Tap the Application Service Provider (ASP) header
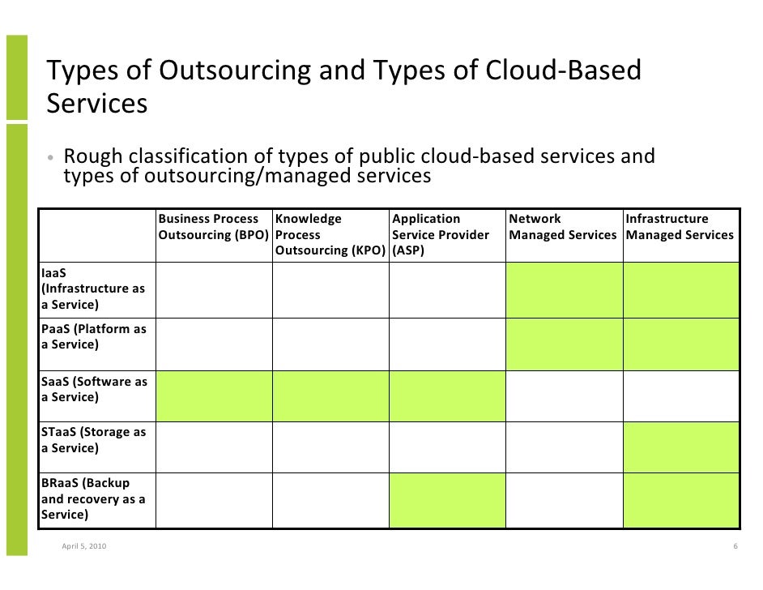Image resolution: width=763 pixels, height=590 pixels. click(x=441, y=234)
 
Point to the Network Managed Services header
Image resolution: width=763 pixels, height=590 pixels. click(x=563, y=227)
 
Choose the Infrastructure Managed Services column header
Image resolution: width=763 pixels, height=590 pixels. click(x=680, y=227)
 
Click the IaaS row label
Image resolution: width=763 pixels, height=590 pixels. click(x=93, y=289)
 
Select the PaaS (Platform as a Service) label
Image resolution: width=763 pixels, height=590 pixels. click(x=93, y=337)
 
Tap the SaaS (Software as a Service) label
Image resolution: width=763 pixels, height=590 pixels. click(x=93, y=389)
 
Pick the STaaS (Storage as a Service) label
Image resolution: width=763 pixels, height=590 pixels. click(x=93, y=440)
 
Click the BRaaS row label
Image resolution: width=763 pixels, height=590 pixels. click(x=93, y=498)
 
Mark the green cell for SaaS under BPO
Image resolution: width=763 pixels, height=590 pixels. click(x=214, y=396)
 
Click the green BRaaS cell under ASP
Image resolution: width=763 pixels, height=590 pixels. click(x=447, y=500)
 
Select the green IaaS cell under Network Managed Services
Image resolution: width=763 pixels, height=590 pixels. click(x=564, y=289)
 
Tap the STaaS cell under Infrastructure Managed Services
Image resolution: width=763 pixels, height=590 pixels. click(x=680, y=447)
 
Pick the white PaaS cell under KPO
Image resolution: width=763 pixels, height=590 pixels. click(x=330, y=344)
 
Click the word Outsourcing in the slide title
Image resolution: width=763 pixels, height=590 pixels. click(x=234, y=71)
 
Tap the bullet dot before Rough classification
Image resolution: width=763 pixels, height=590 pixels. click(x=49, y=157)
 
